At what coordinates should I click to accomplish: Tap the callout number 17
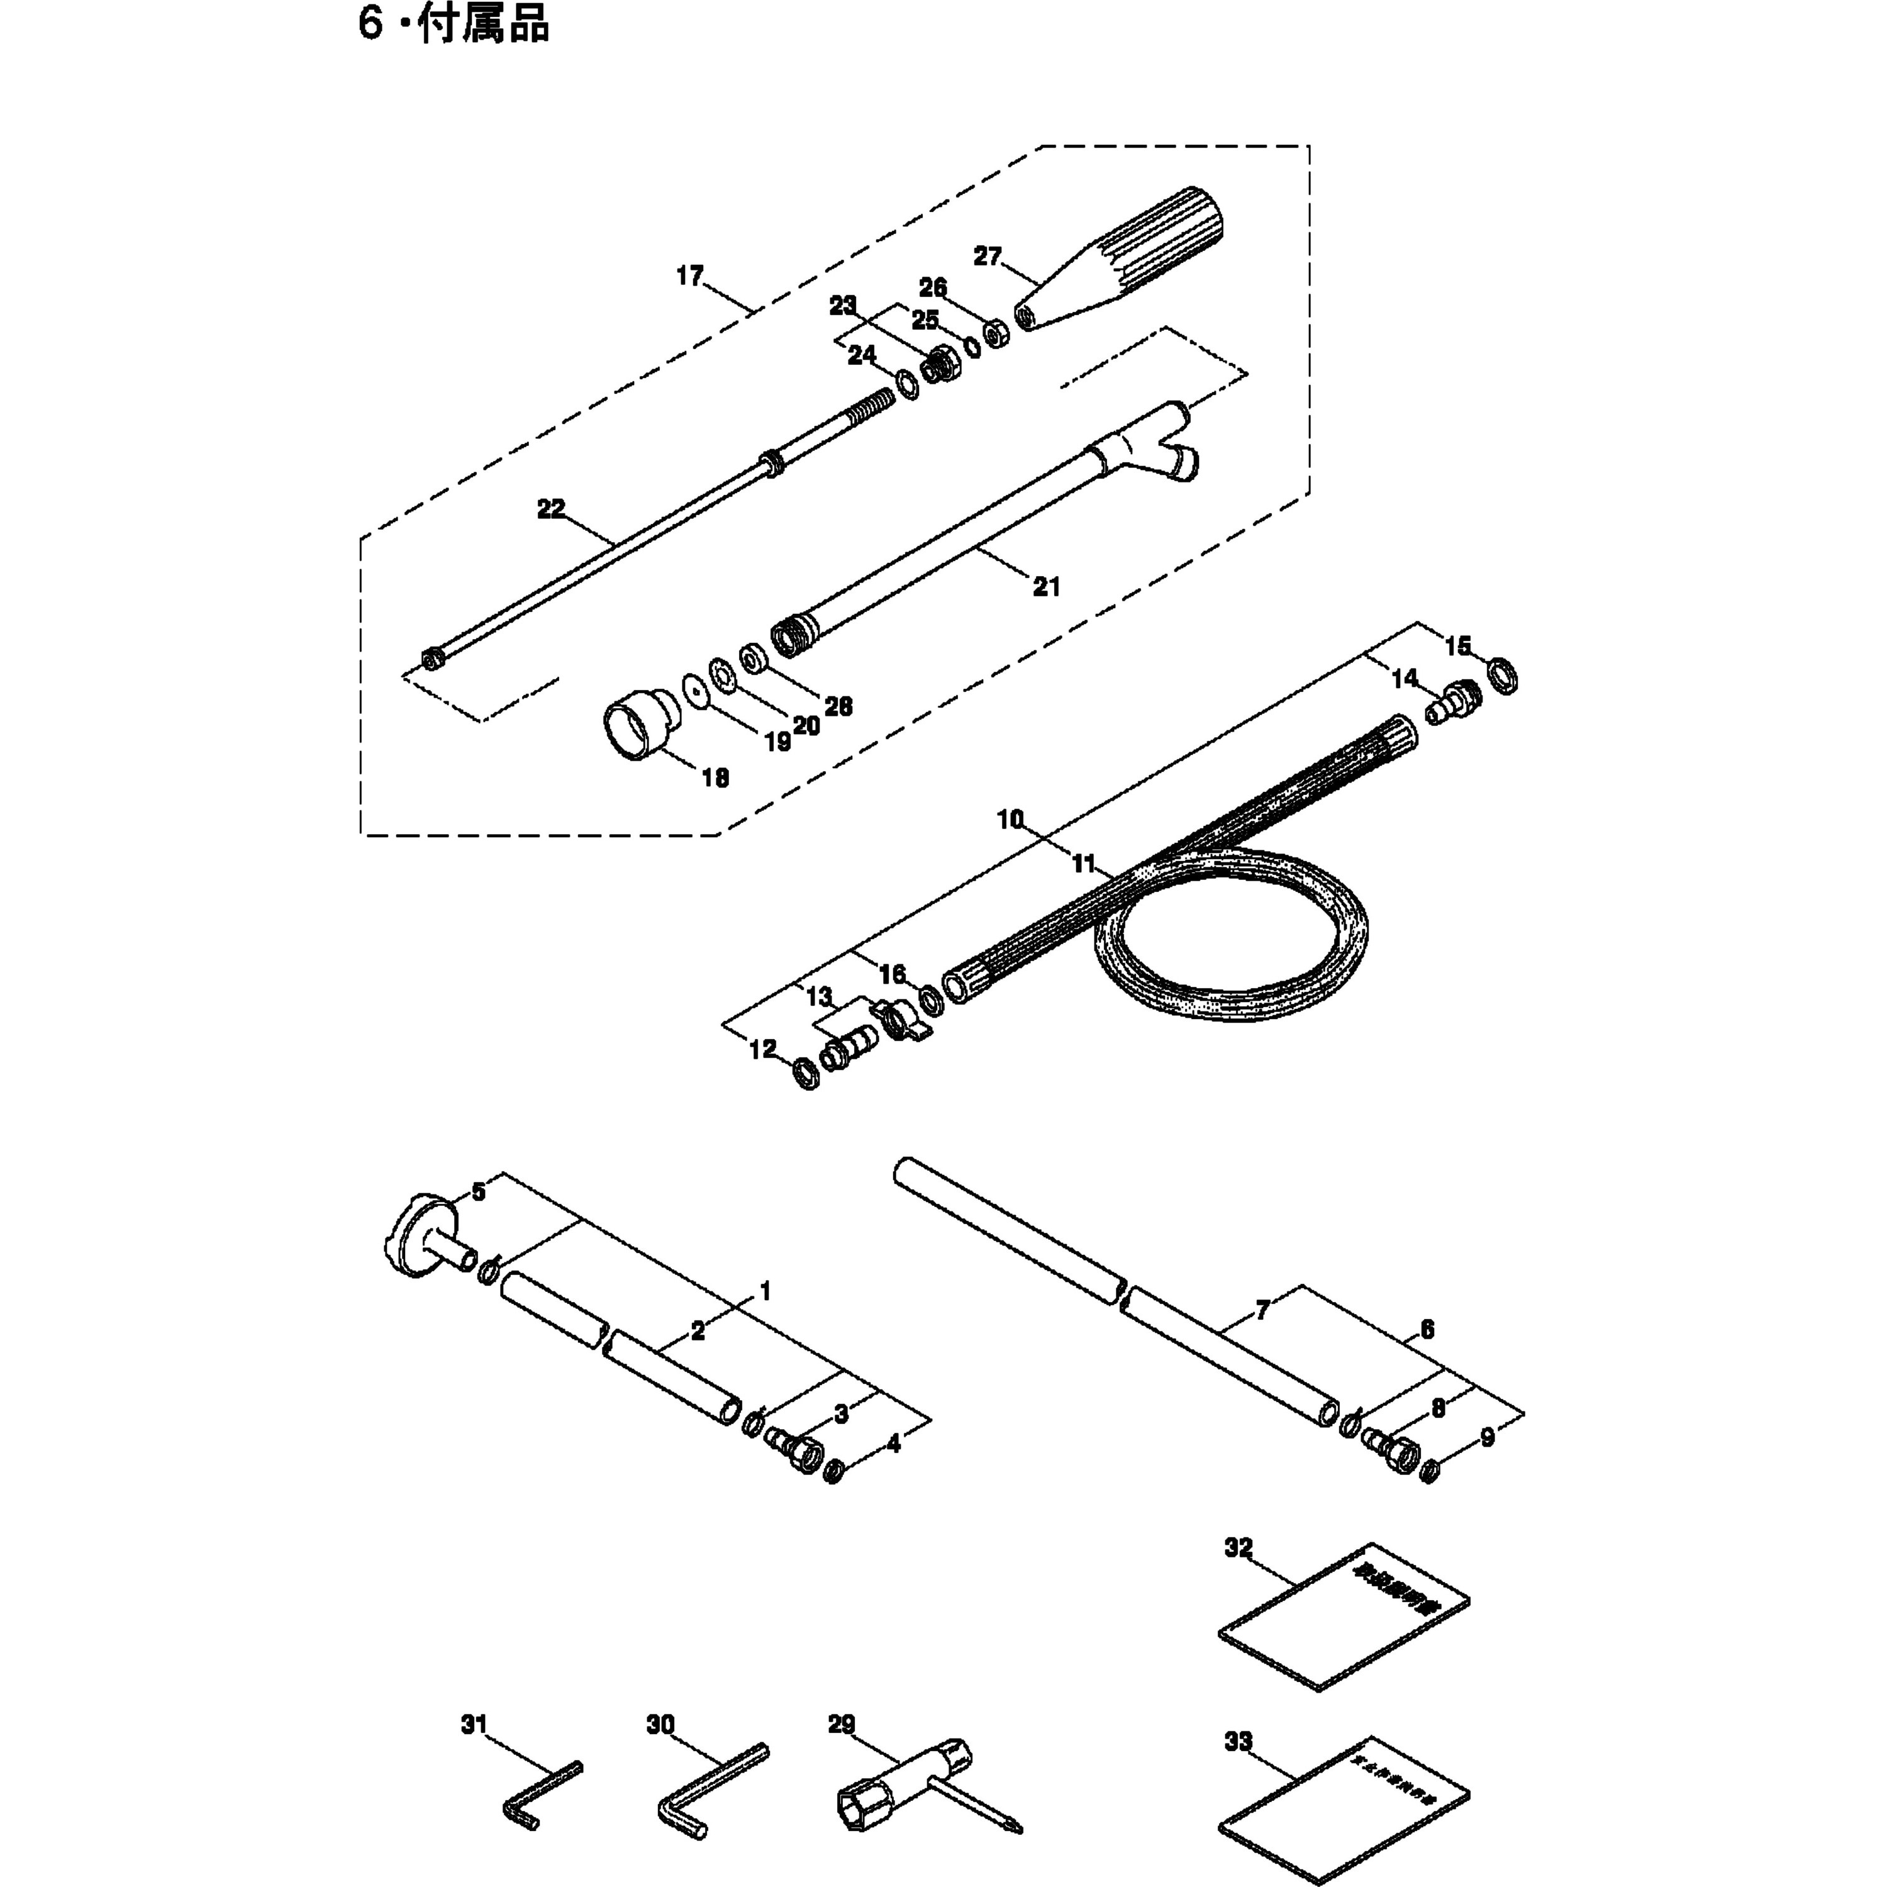point(689,276)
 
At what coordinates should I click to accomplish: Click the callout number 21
point(1046,587)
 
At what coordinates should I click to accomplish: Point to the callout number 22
point(551,509)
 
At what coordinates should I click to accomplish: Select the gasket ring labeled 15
point(1504,676)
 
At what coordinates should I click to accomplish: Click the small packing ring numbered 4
point(835,1471)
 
